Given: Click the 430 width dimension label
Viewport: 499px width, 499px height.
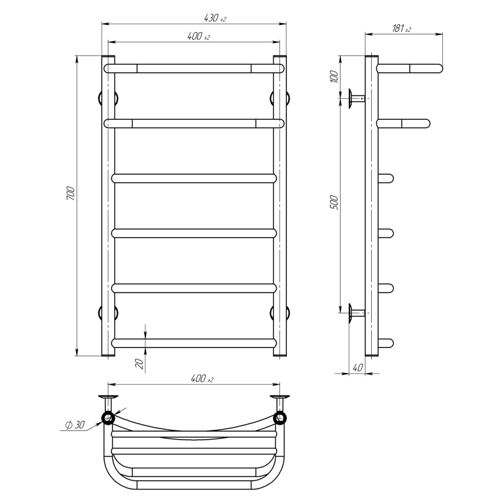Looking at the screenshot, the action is tap(215, 18).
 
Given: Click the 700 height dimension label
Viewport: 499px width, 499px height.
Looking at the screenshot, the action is tap(70, 193).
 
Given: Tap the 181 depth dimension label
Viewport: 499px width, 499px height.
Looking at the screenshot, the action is tap(401, 29).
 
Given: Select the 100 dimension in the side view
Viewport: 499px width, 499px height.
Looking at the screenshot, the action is tap(334, 76).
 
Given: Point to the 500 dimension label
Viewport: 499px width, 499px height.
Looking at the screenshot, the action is tap(334, 202).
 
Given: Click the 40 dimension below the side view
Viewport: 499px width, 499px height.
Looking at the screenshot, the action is tap(357, 367).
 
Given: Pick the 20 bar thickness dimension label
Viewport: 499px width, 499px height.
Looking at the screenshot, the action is tap(140, 364).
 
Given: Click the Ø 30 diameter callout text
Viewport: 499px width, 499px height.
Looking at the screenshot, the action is tap(75, 425).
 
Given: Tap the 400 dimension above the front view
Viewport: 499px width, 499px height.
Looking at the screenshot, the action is tap(198, 36).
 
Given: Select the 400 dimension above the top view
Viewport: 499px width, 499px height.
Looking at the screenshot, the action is tap(201, 379).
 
